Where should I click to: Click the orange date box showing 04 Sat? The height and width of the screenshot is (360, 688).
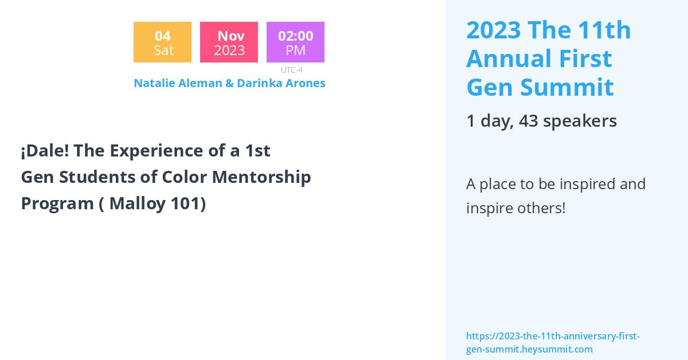pos(162,42)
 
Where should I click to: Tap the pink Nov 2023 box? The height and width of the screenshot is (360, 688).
pos(229,42)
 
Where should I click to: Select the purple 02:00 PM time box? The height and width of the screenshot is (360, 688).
pos(295,42)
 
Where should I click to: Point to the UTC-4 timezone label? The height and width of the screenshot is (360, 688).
pos(291,70)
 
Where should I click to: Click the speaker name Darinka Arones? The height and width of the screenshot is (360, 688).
pos(281,83)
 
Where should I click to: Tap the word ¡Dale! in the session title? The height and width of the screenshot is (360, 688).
pos(45,151)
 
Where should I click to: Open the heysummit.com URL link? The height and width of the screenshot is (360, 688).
pos(553,342)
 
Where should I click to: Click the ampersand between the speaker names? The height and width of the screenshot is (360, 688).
pos(229,83)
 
